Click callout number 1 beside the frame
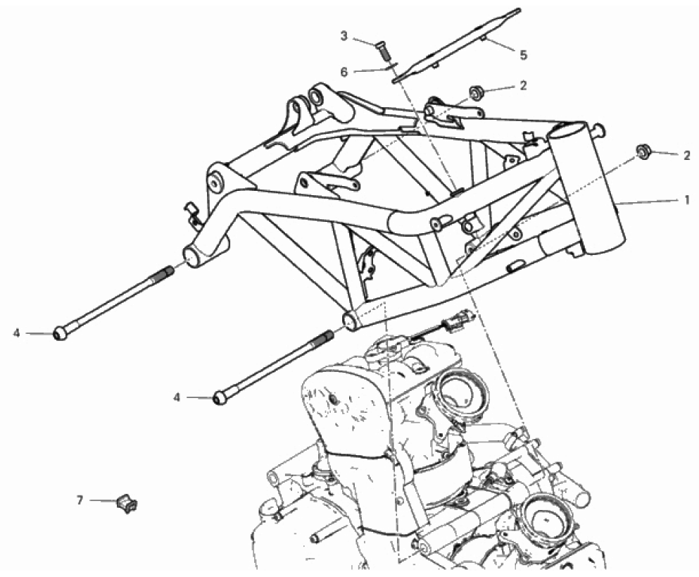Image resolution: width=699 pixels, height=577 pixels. point(687,199)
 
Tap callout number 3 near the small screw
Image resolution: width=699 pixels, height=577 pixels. point(344,36)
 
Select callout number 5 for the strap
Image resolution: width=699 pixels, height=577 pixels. point(523,55)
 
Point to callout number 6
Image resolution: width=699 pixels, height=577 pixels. point(344,72)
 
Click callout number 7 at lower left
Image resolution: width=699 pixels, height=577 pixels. point(80,501)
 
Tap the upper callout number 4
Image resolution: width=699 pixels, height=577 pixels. point(16,333)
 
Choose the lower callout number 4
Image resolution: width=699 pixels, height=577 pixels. point(177,397)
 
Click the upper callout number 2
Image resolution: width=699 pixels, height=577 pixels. point(523,85)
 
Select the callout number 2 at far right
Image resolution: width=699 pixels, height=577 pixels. point(687,155)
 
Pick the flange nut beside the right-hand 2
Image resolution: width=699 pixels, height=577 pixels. point(642,151)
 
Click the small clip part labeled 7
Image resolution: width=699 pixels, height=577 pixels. point(127,504)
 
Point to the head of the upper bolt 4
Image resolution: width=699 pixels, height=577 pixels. point(60,334)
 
